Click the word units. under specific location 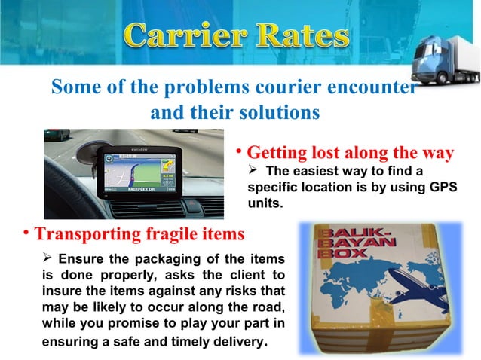(265, 203)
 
